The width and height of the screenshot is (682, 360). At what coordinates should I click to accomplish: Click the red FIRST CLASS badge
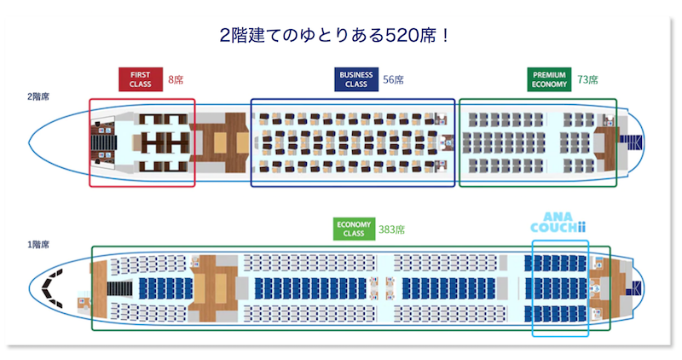pyautogui.click(x=141, y=79)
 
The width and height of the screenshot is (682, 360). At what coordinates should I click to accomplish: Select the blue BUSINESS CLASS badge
pyautogui.click(x=356, y=79)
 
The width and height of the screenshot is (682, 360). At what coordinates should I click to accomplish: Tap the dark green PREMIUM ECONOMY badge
pyautogui.click(x=549, y=79)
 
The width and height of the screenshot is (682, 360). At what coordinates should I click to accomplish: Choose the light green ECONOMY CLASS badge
pyautogui.click(x=354, y=229)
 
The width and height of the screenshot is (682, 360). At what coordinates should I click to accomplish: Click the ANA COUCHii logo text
pyautogui.click(x=558, y=223)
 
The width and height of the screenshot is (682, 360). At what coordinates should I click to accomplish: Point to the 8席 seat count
pyautogui.click(x=176, y=79)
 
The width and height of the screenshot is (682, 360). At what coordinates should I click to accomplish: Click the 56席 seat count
pyautogui.click(x=393, y=79)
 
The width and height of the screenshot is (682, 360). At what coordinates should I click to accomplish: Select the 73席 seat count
pyautogui.click(x=587, y=79)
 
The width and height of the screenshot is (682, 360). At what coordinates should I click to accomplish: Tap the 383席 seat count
pyautogui.click(x=391, y=229)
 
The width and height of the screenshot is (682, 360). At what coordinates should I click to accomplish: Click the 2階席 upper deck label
pyautogui.click(x=38, y=96)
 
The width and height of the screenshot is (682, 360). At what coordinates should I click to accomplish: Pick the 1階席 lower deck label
pyautogui.click(x=38, y=245)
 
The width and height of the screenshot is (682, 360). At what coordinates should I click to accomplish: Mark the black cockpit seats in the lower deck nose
pyautogui.click(x=53, y=287)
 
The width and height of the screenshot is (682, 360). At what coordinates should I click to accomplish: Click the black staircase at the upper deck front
pyautogui.click(x=103, y=142)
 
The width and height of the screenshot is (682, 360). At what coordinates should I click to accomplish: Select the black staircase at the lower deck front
pyautogui.click(x=119, y=288)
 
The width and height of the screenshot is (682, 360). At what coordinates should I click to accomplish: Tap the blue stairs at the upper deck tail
pyautogui.click(x=631, y=142)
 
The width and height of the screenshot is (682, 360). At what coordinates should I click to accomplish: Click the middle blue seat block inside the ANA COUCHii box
pyautogui.click(x=556, y=288)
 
